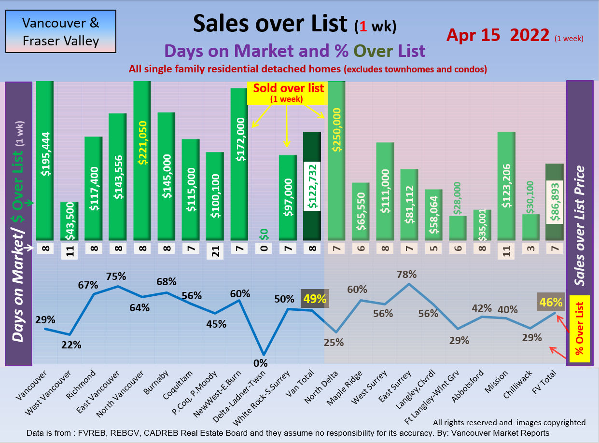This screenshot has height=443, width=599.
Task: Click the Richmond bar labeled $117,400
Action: tap(93, 188)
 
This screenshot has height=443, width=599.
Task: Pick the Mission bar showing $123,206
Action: tap(506, 186)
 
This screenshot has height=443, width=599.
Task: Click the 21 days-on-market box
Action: tap(215, 251)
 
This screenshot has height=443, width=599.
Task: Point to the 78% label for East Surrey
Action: tap(406, 275)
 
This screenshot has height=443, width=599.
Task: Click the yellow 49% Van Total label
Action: tap(315, 299)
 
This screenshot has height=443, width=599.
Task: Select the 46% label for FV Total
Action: tap(551, 303)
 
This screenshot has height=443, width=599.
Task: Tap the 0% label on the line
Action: tap(260, 363)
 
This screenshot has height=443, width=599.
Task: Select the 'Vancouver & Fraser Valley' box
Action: tap(61, 31)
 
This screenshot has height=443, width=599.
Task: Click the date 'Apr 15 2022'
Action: tap(498, 35)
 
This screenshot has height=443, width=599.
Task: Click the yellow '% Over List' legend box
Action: tap(580, 329)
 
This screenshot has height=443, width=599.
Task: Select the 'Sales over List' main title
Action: tap(270, 23)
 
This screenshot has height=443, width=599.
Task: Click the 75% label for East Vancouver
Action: tap(116, 276)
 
